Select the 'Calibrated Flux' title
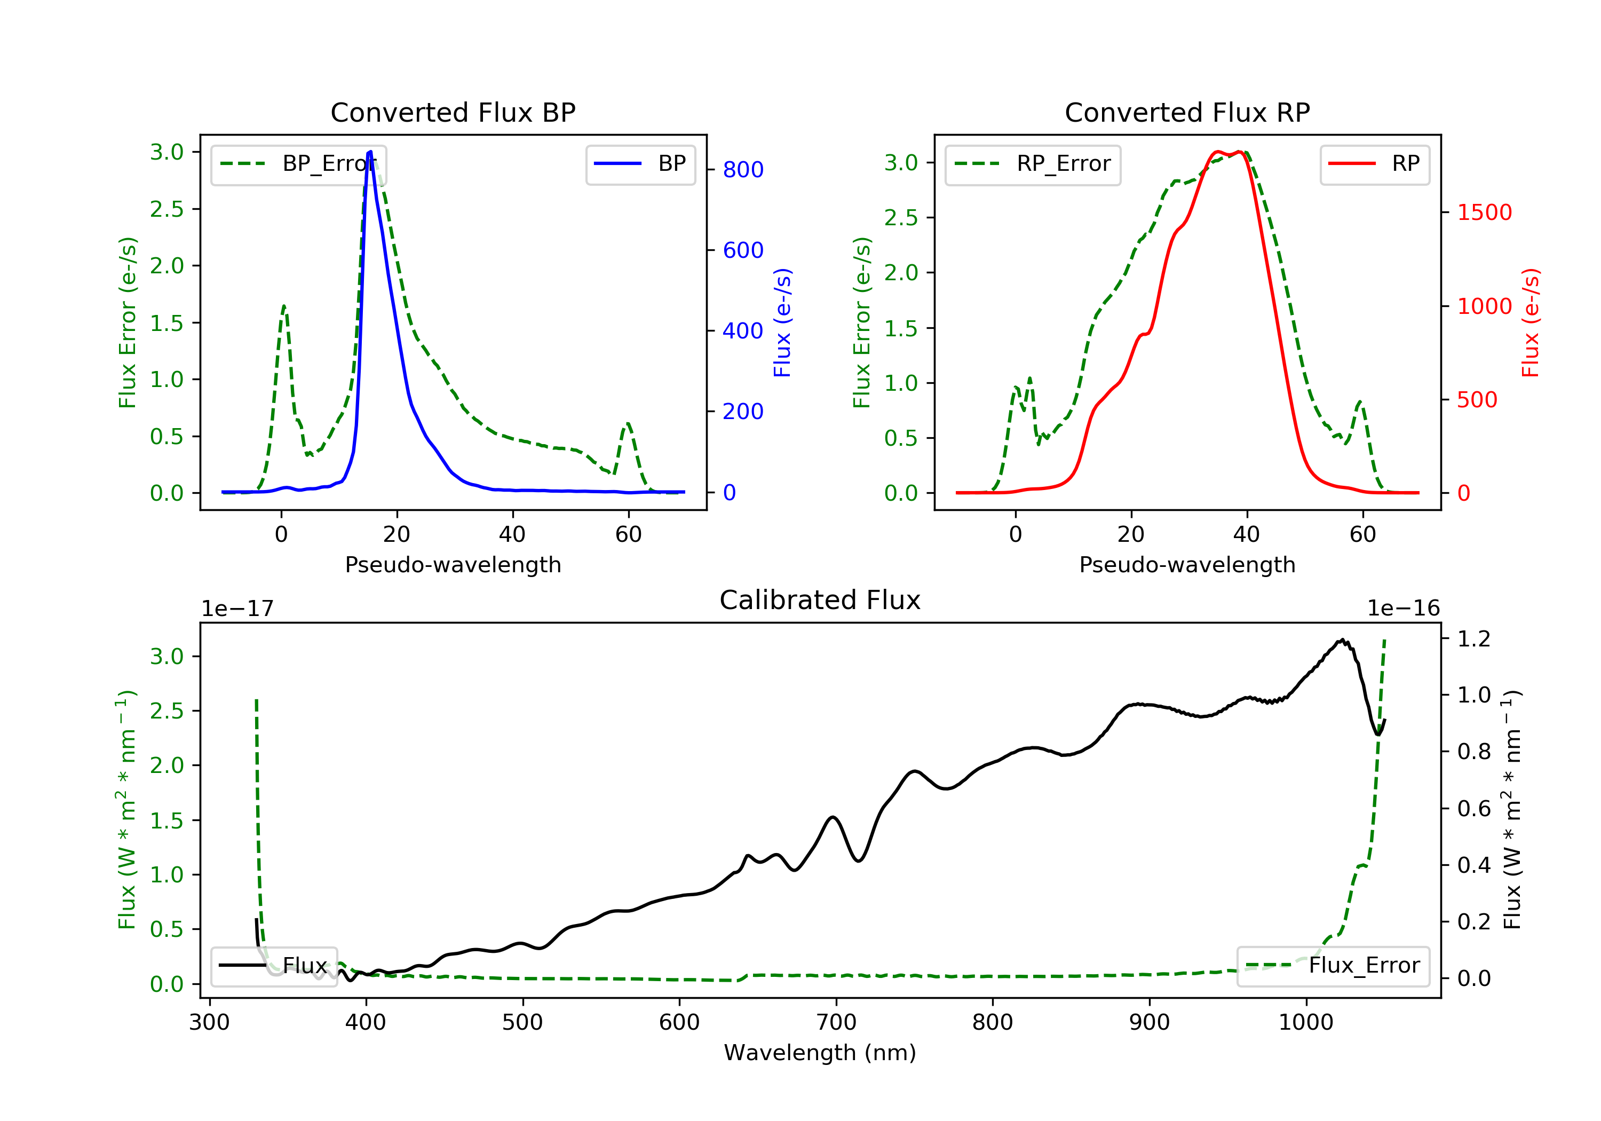pyautogui.click(x=820, y=600)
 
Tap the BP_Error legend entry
pyautogui.click(x=298, y=164)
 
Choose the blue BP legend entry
pyautogui.click(x=640, y=164)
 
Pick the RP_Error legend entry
pyautogui.click(x=1032, y=164)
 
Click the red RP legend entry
pyautogui.click(x=1374, y=164)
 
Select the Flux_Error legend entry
pyautogui.click(x=1333, y=966)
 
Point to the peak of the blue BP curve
pyautogui.click(x=370, y=152)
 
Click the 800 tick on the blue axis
pyautogui.click(x=743, y=170)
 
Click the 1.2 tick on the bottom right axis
pyautogui.click(x=1473, y=638)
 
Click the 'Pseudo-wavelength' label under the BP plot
pyautogui.click(x=453, y=564)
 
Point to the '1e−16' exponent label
pyautogui.click(x=1403, y=609)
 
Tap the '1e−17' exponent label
pyautogui.click(x=238, y=609)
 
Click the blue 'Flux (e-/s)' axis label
pyautogui.click(x=782, y=322)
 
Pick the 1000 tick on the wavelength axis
pyautogui.click(x=1306, y=1022)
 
